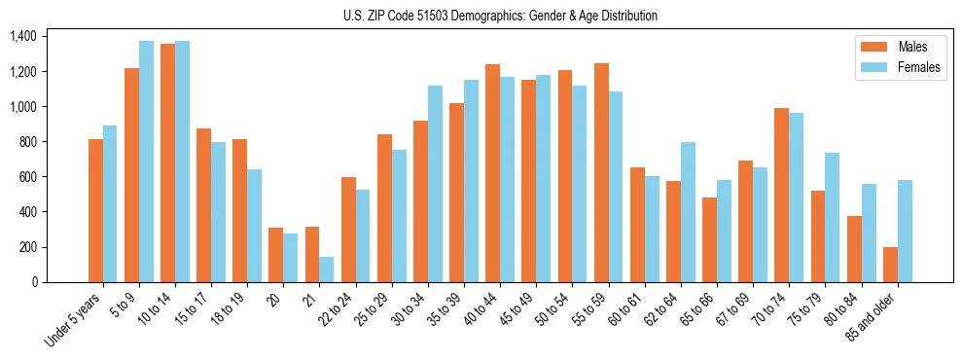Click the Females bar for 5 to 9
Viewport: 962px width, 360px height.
click(146, 162)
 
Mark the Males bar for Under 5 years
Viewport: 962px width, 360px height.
click(95, 210)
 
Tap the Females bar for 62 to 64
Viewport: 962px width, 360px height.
click(688, 212)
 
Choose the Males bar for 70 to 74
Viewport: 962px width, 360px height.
click(781, 195)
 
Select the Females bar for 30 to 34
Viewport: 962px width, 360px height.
click(435, 184)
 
